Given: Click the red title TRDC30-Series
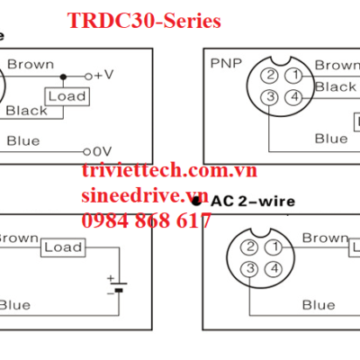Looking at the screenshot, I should click(x=144, y=22).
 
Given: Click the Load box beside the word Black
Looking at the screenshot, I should click(x=66, y=96).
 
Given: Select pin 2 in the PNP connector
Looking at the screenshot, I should click(x=268, y=76).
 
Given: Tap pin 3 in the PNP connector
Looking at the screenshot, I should click(x=268, y=97).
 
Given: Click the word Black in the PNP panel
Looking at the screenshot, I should click(x=336, y=87).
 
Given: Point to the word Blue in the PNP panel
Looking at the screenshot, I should click(x=330, y=138).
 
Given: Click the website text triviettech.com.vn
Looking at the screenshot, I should click(x=169, y=171).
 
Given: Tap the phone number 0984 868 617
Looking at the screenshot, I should click(x=147, y=221).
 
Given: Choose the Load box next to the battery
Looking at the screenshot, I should click(x=63, y=247).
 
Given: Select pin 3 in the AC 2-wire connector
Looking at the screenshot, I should click(x=252, y=268).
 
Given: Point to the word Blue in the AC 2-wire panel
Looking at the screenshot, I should click(x=319, y=304).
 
